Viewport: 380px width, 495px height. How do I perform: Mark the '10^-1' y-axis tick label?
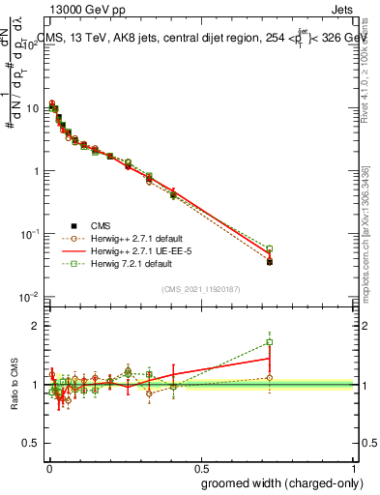(x=32, y=234)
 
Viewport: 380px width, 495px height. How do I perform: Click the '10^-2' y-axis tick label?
(x=32, y=297)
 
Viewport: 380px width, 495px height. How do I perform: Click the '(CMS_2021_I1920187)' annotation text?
(x=202, y=288)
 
